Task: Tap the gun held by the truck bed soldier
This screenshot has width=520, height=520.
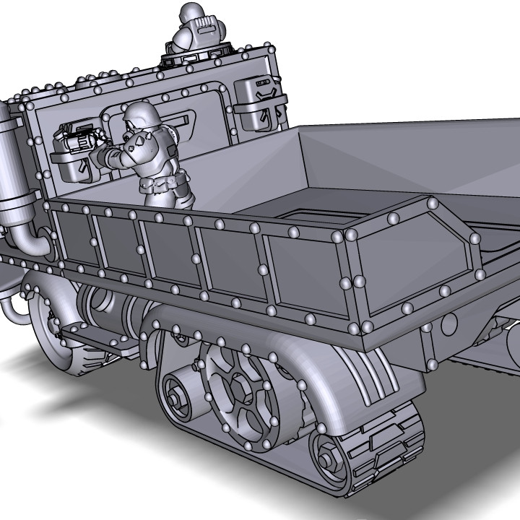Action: point(81,137)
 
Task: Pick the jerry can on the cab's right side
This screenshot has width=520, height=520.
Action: point(259,101)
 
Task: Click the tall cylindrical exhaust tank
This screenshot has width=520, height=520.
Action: point(13,166)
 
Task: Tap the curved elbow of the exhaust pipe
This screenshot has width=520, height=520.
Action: point(32,242)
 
